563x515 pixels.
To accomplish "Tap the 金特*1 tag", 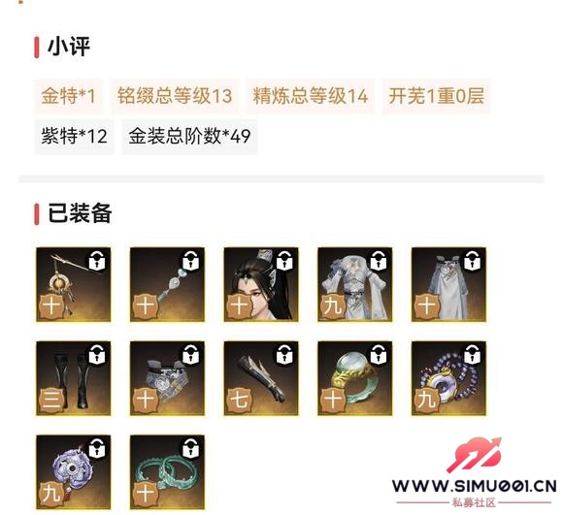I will (68, 96).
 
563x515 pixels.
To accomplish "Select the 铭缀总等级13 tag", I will (175, 96).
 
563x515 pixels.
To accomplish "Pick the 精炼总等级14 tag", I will (311, 96).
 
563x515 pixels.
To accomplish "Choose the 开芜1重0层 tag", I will (436, 96).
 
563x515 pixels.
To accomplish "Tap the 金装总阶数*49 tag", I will (189, 136).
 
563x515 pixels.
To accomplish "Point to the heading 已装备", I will (79, 213).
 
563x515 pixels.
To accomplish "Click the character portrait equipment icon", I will (260, 284).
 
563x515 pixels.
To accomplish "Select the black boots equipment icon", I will (72, 377).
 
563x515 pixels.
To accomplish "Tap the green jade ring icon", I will (354, 377).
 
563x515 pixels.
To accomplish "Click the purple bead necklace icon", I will (448, 377).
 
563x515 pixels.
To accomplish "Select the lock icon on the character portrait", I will (284, 260).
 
